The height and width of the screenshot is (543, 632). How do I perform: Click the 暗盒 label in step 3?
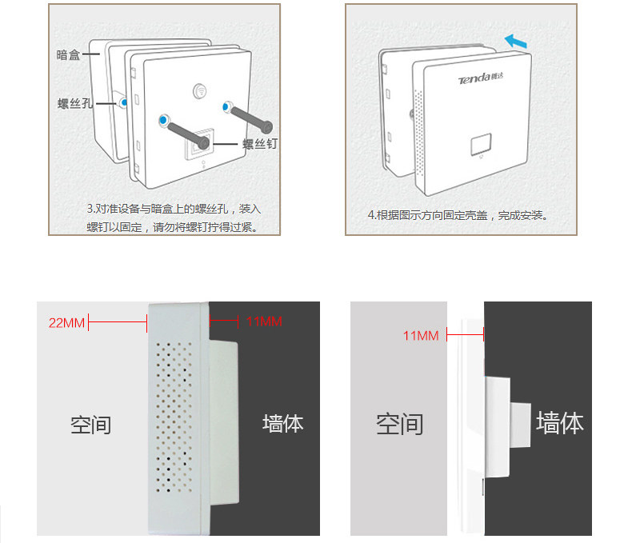coord(68,54)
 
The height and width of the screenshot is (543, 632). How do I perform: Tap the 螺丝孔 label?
coord(75,104)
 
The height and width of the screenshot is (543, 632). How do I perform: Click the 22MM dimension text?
coord(66,322)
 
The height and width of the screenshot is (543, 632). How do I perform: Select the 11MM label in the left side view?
coord(264,322)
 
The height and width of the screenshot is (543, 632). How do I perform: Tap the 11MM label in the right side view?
coord(421,335)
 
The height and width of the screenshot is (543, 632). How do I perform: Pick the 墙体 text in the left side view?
coord(282,423)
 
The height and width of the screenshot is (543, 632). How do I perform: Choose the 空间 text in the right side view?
coord(399,424)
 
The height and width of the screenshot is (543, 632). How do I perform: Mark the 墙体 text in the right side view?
coord(559,423)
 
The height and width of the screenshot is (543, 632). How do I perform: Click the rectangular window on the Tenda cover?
coord(482,145)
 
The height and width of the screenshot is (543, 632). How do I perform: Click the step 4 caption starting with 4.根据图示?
coord(458,216)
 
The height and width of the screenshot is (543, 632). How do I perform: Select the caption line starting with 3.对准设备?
coord(174,209)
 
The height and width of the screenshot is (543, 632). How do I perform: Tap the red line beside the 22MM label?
coord(117,322)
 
